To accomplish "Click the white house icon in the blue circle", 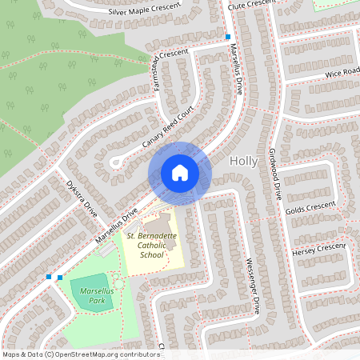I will click(x=179, y=172).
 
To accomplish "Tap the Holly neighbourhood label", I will click(x=243, y=161).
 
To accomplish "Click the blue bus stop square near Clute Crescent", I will click(x=228, y=37).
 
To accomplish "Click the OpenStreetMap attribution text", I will click(x=81, y=354).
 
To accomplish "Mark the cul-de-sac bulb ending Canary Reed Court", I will click(x=115, y=163).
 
